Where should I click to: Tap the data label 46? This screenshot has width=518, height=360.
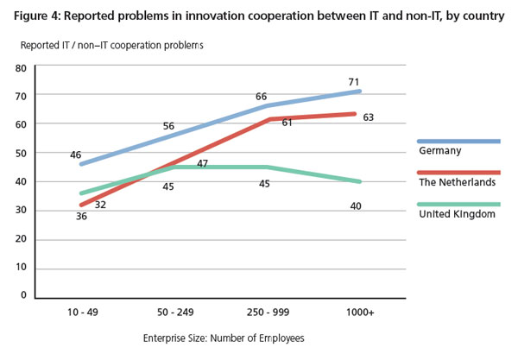tap(75, 155)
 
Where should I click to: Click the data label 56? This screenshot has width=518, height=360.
tap(168, 126)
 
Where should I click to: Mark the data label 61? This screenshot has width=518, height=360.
tap(286, 123)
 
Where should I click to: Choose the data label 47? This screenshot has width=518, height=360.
tap(202, 164)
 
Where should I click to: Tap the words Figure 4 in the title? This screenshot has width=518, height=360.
tap(38, 12)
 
